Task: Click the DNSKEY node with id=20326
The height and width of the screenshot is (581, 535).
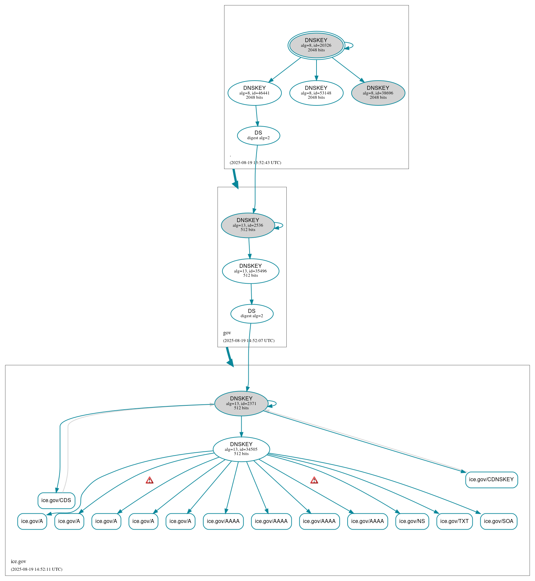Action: (316, 45)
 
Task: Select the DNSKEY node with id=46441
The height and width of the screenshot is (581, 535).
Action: (254, 93)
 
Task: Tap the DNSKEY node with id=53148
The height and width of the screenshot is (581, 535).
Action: (316, 93)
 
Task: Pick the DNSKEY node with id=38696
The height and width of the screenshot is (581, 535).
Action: (378, 93)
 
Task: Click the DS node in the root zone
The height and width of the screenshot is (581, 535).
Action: (258, 135)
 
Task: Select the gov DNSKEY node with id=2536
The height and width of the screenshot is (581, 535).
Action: (248, 225)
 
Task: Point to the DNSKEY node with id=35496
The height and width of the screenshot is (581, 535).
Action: (250, 271)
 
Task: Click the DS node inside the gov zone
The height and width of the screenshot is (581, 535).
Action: (252, 314)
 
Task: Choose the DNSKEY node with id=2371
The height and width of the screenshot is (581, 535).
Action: (241, 403)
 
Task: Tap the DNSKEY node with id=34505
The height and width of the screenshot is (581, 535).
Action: (241, 449)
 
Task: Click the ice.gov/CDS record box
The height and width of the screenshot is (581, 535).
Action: (56, 500)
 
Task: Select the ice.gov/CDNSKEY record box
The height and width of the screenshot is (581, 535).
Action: (491, 480)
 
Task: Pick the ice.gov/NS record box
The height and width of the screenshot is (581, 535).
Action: (412, 521)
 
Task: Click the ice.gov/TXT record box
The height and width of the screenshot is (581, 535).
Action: (454, 521)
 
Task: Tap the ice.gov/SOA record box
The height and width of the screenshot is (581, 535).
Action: (498, 521)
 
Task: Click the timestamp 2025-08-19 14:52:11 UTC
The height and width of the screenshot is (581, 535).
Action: (36, 569)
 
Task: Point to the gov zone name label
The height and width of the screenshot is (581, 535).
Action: (227, 333)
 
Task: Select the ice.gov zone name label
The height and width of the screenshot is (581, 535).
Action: (19, 561)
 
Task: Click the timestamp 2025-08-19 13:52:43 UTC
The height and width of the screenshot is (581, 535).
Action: (255, 162)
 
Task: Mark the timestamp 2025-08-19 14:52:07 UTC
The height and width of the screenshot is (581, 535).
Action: (249, 340)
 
